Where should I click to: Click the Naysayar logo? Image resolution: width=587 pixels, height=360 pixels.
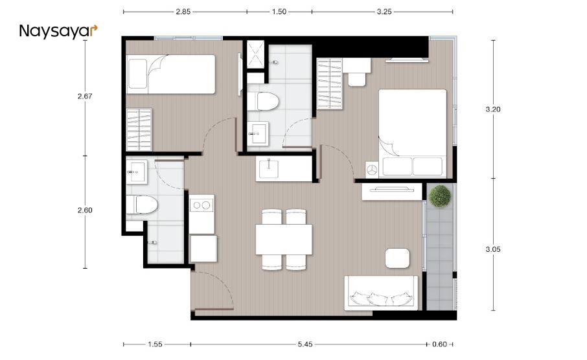(58, 31)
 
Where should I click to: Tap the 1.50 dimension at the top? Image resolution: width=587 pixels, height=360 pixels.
(279, 12)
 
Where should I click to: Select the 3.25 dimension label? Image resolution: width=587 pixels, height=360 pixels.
(384, 12)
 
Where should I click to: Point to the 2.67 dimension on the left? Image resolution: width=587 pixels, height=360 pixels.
(85, 96)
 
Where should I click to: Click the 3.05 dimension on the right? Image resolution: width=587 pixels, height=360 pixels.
(494, 249)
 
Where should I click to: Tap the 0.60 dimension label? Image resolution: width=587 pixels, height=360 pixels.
(440, 343)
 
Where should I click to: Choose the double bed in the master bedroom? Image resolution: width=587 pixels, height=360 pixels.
(413, 133)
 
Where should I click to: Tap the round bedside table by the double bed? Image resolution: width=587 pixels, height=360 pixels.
(372, 168)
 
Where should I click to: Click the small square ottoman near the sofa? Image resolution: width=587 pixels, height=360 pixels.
(397, 258)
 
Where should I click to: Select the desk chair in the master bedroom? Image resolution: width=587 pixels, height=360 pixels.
(356, 79)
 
